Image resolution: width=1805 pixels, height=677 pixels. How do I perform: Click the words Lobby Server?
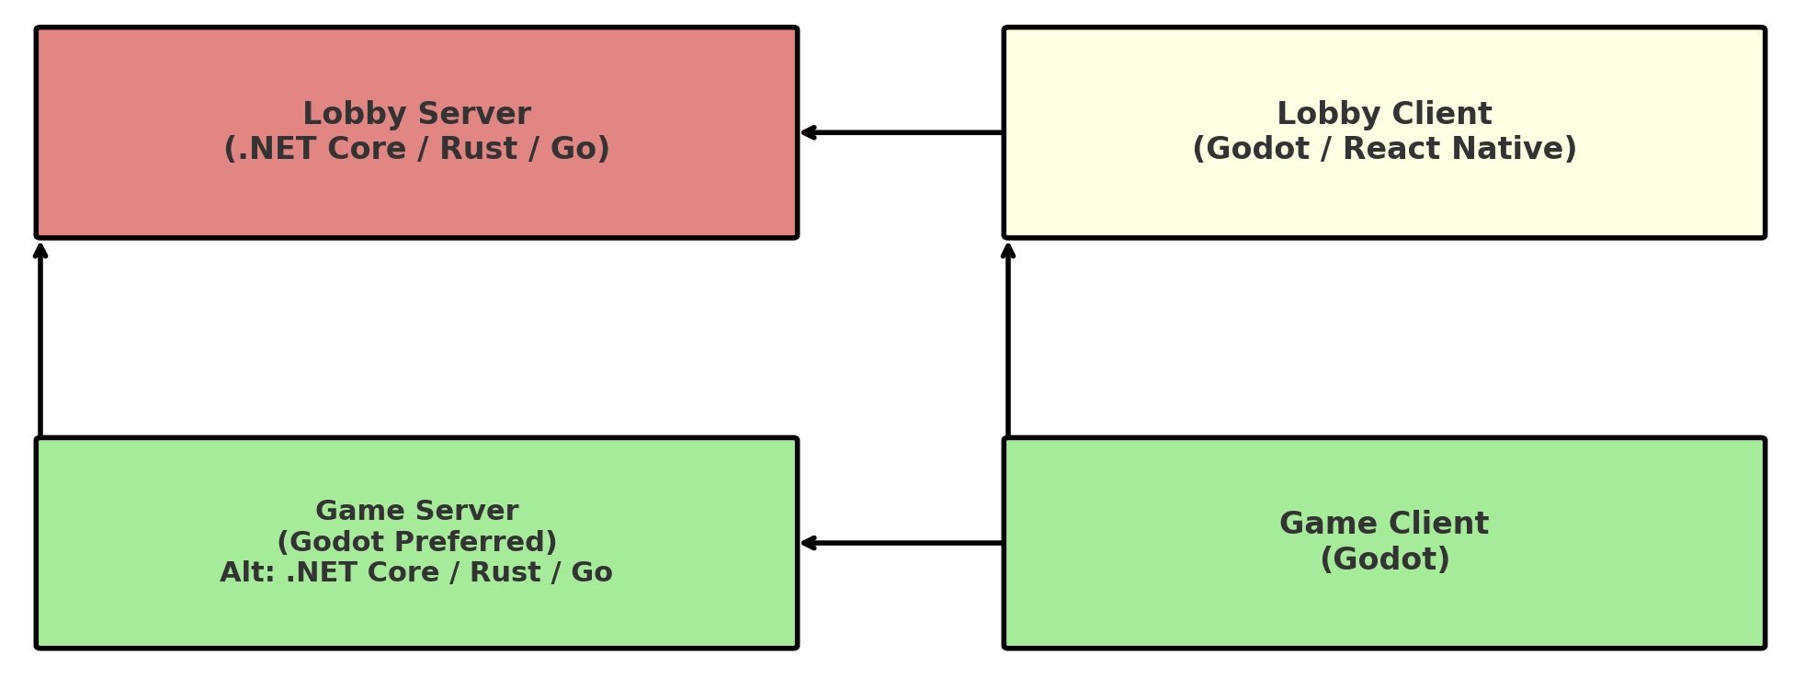tap(416, 114)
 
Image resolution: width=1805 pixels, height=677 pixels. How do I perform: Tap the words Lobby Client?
tap(1384, 114)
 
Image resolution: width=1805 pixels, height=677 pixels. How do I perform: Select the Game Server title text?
tap(416, 511)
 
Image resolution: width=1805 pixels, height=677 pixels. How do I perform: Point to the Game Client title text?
tap(1384, 524)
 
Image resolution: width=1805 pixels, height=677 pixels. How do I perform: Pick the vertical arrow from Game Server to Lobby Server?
tap(40, 340)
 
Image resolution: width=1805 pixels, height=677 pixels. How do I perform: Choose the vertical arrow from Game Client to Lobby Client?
tap(1008, 340)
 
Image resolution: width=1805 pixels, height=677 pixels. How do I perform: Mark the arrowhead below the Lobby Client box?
tap(1008, 251)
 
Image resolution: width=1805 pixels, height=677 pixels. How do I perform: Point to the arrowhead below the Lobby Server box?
tap(40, 251)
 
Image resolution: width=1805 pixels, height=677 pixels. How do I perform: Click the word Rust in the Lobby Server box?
tap(478, 149)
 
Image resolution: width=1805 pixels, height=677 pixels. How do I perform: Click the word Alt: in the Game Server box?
tap(247, 572)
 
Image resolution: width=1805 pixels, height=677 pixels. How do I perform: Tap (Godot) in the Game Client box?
tap(1384, 559)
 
